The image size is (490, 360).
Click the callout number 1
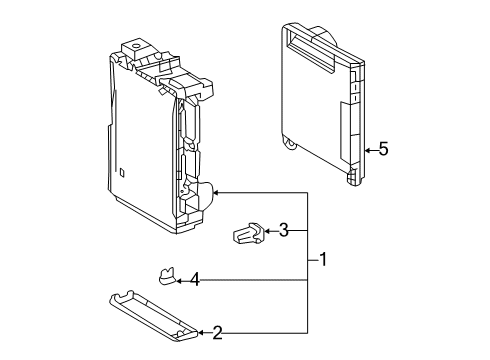point(323,260)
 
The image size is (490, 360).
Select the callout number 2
point(216,332)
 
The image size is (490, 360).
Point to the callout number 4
point(196,281)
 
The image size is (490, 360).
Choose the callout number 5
point(383,150)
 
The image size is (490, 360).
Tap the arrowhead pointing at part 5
point(367,150)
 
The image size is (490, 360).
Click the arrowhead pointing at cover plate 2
point(202,332)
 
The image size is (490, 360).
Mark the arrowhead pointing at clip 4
point(182,281)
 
